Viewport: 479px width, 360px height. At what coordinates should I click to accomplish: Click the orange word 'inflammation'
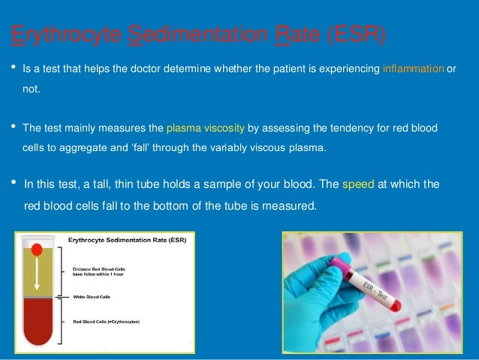pos(413,69)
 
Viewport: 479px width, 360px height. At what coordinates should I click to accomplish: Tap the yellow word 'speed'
pos(353,184)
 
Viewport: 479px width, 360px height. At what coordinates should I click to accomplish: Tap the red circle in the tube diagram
pos(36,250)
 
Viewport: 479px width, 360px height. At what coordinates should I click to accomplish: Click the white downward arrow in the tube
pos(36,275)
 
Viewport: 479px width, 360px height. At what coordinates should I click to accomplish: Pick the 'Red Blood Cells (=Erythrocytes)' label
pos(106,321)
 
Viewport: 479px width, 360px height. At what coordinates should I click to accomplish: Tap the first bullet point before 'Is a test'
pos(13,68)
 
